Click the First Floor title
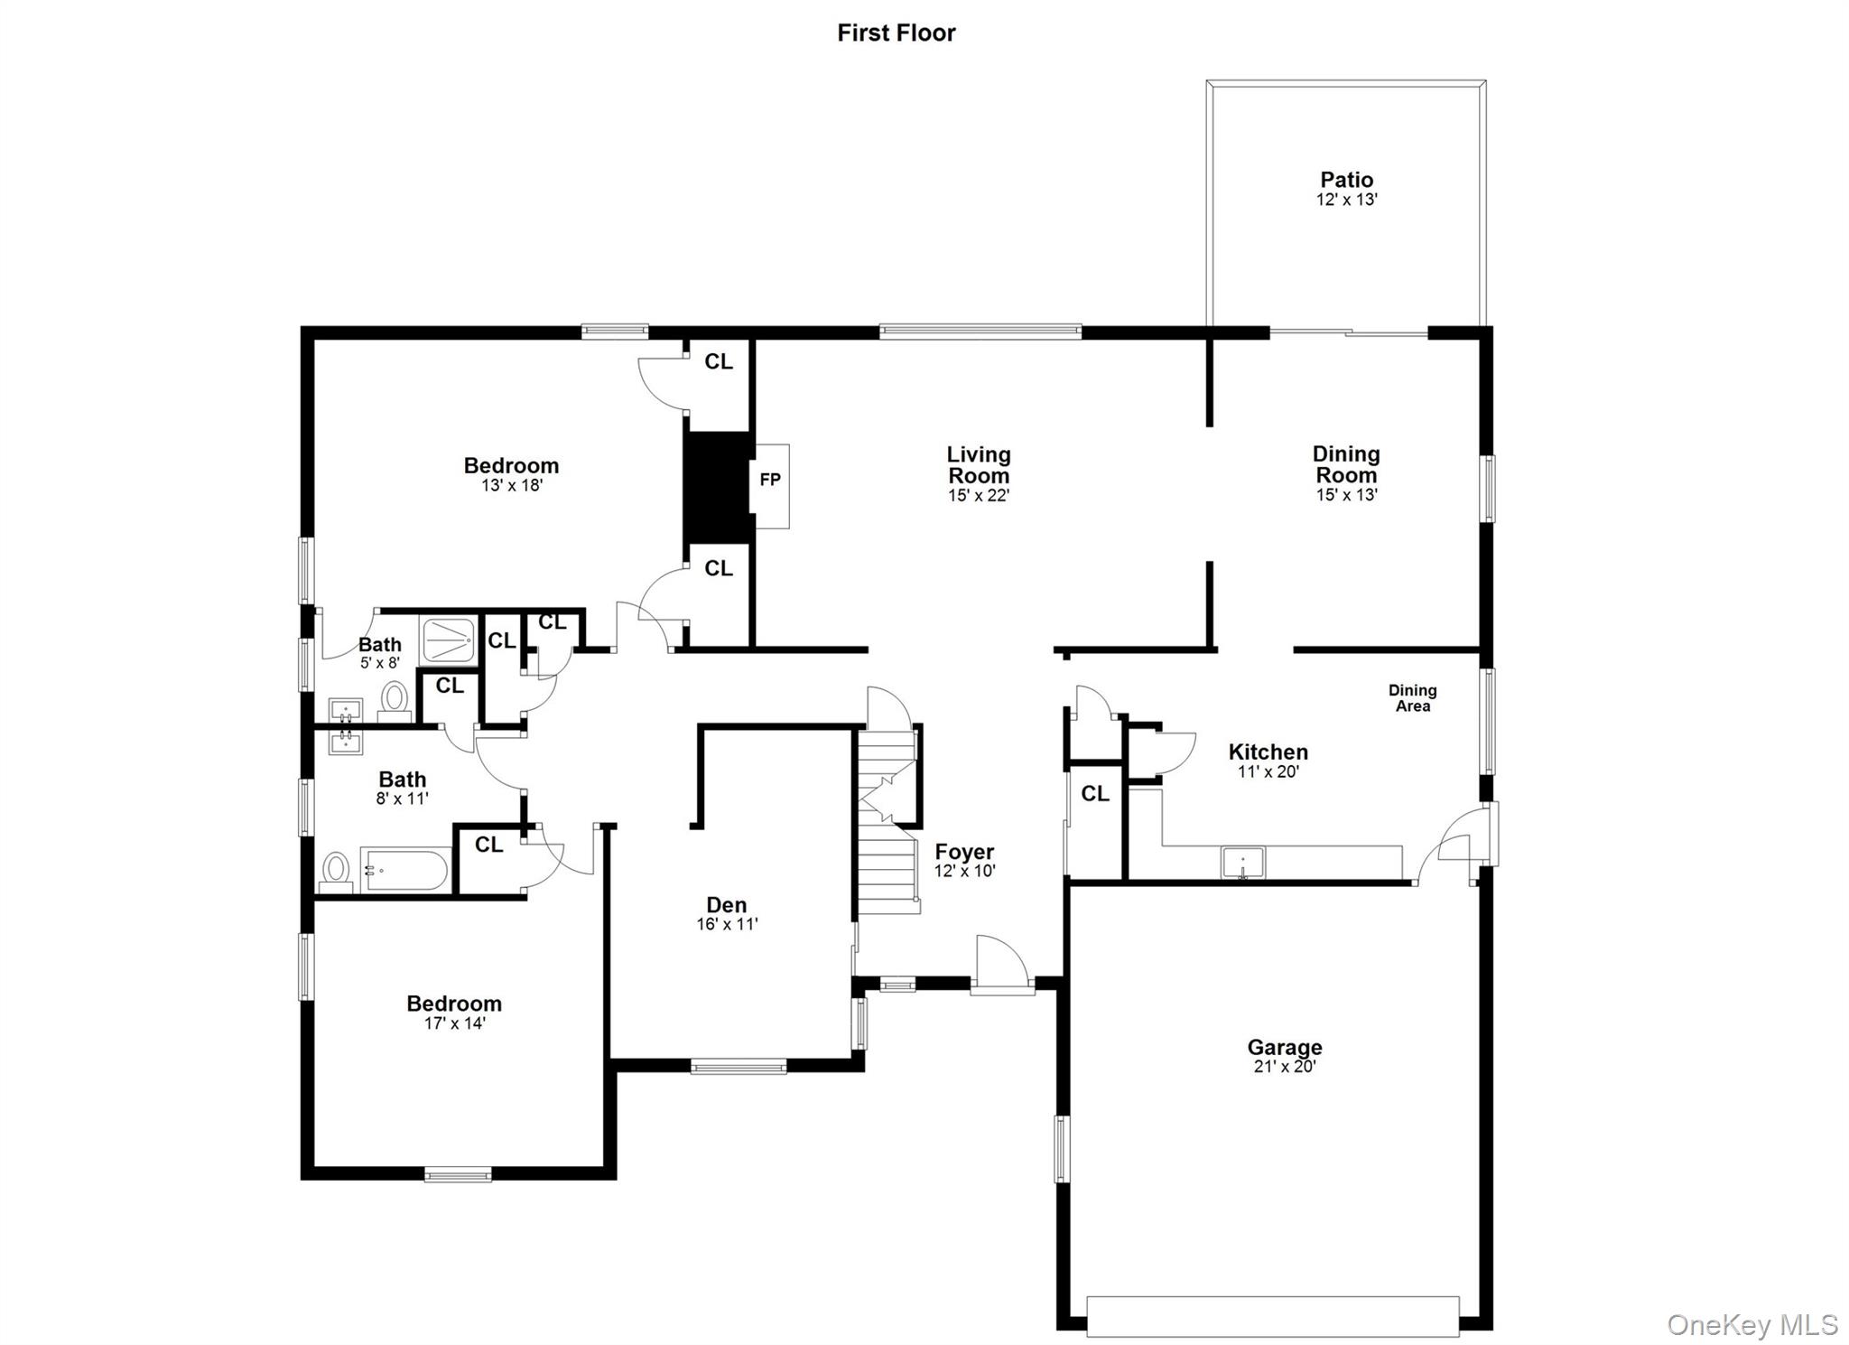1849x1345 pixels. tap(896, 33)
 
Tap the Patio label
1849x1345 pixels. tap(1346, 180)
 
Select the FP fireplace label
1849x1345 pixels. tap(769, 480)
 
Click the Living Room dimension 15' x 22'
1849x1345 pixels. tap(978, 496)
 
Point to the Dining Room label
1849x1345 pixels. tap(1345, 464)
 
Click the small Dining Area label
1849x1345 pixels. tap(1412, 698)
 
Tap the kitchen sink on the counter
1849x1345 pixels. tap(1242, 862)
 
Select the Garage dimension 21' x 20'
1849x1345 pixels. tap(1284, 1067)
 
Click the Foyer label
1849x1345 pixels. tap(964, 852)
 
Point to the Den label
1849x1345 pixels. tap(726, 905)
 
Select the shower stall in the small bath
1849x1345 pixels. tap(448, 640)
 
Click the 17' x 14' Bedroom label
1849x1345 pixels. tap(453, 1004)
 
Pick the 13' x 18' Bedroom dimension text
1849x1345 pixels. tap(511, 486)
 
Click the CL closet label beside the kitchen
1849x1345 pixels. tap(1094, 794)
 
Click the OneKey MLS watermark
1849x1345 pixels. tap(1751, 1325)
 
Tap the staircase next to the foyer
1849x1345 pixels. tap(887, 822)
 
